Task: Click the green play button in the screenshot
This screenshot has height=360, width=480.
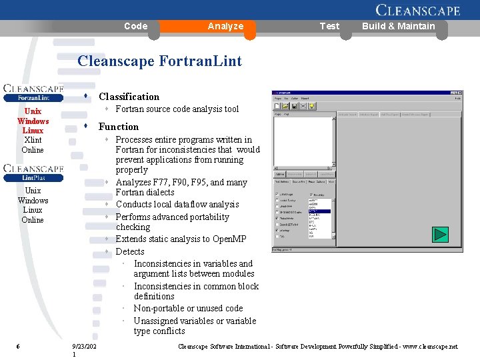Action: click(440, 235)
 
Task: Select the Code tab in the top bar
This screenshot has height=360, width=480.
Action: click(135, 26)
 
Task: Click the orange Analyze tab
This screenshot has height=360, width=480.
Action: click(225, 26)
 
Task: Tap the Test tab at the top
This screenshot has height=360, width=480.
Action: click(329, 26)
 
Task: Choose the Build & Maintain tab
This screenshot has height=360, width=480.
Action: click(398, 26)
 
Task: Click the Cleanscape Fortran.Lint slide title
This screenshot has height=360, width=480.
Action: click(159, 61)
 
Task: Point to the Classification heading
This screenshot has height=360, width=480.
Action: click(129, 97)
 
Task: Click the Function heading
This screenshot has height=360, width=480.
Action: click(119, 127)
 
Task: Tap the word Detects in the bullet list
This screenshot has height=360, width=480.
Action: click(130, 251)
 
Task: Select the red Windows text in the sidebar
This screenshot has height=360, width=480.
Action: click(33, 121)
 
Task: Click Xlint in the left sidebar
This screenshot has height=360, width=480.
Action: click(33, 140)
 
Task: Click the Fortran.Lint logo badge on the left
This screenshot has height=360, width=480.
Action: click(33, 93)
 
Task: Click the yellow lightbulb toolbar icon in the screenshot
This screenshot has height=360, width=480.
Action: click(311, 105)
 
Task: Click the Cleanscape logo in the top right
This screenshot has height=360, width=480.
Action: click(417, 10)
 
